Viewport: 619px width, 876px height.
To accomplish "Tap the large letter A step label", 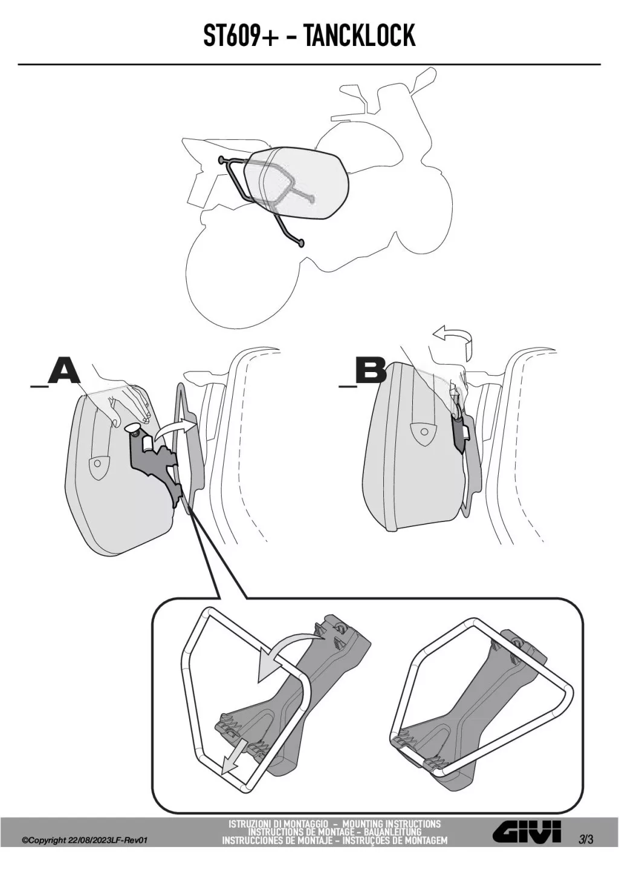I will (64, 371).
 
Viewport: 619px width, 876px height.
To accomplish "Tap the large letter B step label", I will (371, 371).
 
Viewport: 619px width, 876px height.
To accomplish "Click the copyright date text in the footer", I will (85, 840).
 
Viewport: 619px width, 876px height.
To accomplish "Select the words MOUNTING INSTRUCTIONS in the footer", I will (391, 824).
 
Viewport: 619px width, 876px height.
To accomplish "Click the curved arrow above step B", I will (452, 336).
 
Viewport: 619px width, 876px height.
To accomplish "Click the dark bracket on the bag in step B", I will (462, 434).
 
